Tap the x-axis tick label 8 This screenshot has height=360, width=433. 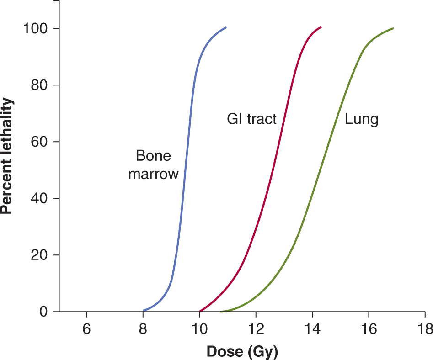(x=143, y=329)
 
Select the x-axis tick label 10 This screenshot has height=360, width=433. (x=199, y=329)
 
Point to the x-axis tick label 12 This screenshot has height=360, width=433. (x=256, y=329)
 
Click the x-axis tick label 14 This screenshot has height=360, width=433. (x=312, y=329)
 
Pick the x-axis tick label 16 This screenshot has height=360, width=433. (x=369, y=329)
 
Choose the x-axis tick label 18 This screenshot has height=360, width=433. (x=425, y=329)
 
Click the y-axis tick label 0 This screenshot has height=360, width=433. (x=43, y=312)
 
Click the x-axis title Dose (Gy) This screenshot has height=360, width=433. (x=242, y=351)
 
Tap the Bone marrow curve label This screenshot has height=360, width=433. (x=153, y=165)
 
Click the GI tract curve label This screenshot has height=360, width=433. (x=252, y=119)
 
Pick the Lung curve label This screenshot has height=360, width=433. (x=361, y=120)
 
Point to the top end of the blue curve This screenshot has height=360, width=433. (x=226, y=27)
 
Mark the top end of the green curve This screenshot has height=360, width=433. (x=393, y=28)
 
